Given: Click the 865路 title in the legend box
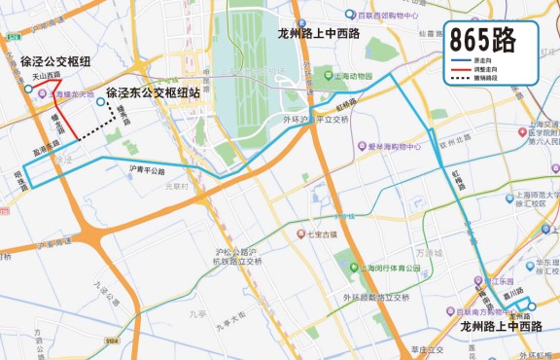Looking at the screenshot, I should [492, 40].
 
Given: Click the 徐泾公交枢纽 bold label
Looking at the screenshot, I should [55, 61].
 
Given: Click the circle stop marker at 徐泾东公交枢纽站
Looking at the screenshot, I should [100, 100].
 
